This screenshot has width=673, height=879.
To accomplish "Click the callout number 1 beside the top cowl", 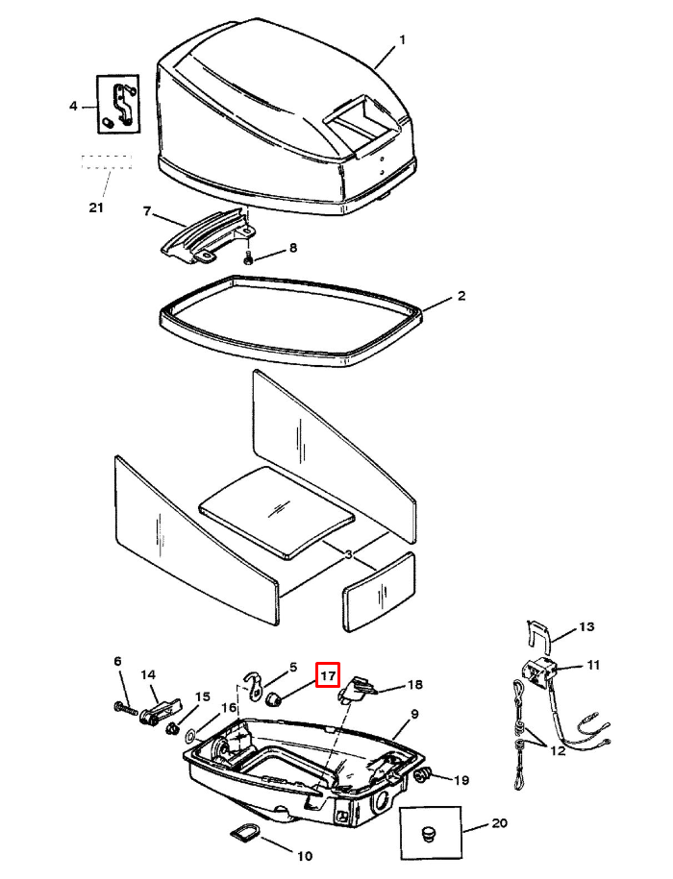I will pyautogui.click(x=402, y=39).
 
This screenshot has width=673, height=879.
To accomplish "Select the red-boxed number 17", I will pyautogui.click(x=328, y=675).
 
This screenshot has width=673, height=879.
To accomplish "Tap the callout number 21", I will pyautogui.click(x=95, y=208).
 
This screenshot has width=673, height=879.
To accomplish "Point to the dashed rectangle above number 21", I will pyautogui.click(x=106, y=161).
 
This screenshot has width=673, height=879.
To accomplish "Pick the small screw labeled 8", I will pyautogui.click(x=248, y=258).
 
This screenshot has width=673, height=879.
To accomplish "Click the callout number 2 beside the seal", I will pyautogui.click(x=461, y=296).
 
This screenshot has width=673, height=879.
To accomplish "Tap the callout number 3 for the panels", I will pyautogui.click(x=348, y=554).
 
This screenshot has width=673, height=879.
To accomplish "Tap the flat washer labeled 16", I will pyautogui.click(x=191, y=739).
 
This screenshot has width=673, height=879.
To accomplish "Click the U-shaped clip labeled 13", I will pyautogui.click(x=539, y=635).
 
